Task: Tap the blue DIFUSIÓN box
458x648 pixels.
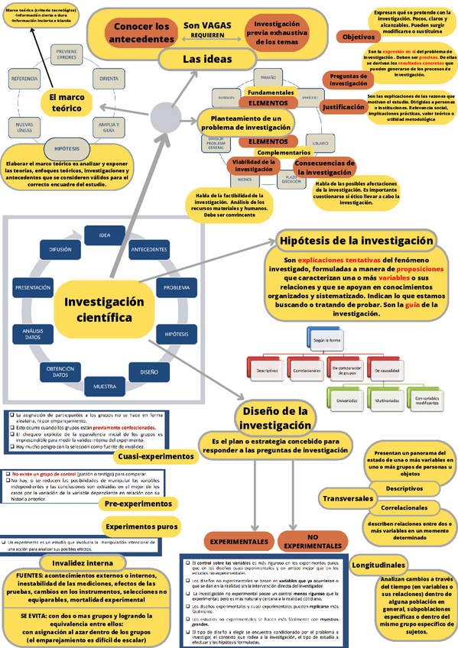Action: (x=60, y=250)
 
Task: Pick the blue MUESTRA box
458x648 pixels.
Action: (x=105, y=387)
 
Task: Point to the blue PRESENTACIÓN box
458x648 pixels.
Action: (x=33, y=287)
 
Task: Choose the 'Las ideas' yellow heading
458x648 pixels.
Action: (x=206, y=59)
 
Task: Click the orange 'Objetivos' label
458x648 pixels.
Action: (x=357, y=37)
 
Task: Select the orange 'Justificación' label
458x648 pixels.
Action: (x=343, y=108)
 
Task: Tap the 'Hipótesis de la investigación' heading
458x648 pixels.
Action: (x=356, y=240)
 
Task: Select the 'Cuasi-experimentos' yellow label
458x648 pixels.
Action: (x=156, y=456)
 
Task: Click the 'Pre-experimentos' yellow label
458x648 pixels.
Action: (x=138, y=504)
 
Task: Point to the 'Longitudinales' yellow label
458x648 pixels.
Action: (x=378, y=565)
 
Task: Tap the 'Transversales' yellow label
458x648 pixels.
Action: (x=348, y=498)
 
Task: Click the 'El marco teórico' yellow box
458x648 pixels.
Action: (x=65, y=102)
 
